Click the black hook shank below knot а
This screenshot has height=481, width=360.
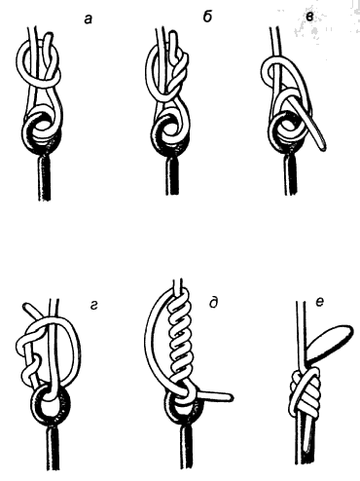click(40, 180)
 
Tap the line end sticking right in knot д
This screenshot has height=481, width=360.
click(219, 394)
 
